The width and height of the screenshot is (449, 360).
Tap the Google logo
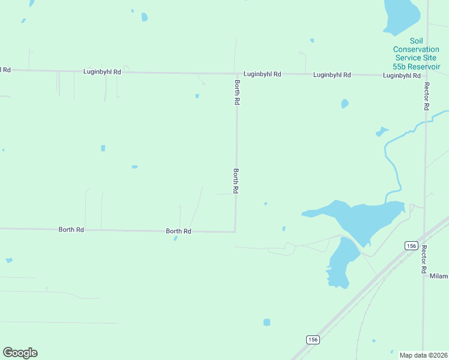tap(20, 353)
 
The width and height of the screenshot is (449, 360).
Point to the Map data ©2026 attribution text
tap(424, 355)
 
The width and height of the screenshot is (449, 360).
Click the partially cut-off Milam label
tap(439, 276)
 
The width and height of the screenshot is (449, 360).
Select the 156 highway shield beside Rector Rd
tap(411, 245)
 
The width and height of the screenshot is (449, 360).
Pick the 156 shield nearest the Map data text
tap(312, 340)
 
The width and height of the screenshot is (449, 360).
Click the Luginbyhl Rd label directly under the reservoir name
tap(402, 76)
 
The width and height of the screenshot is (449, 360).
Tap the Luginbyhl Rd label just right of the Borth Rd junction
tap(262, 74)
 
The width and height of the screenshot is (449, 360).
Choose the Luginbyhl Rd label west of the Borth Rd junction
tap(102, 72)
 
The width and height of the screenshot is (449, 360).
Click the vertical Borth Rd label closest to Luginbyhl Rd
tap(237, 93)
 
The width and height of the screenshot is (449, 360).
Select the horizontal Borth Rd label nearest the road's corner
tap(178, 231)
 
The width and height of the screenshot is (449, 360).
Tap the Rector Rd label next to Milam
tap(424, 256)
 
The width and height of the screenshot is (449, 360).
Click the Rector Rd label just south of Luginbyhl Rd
tap(426, 97)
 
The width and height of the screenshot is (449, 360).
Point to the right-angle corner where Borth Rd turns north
tap(235, 232)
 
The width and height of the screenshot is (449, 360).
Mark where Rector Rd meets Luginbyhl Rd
tap(427, 76)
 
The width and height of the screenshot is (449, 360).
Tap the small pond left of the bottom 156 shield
tap(267, 322)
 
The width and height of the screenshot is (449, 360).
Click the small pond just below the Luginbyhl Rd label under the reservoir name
tap(345, 104)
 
